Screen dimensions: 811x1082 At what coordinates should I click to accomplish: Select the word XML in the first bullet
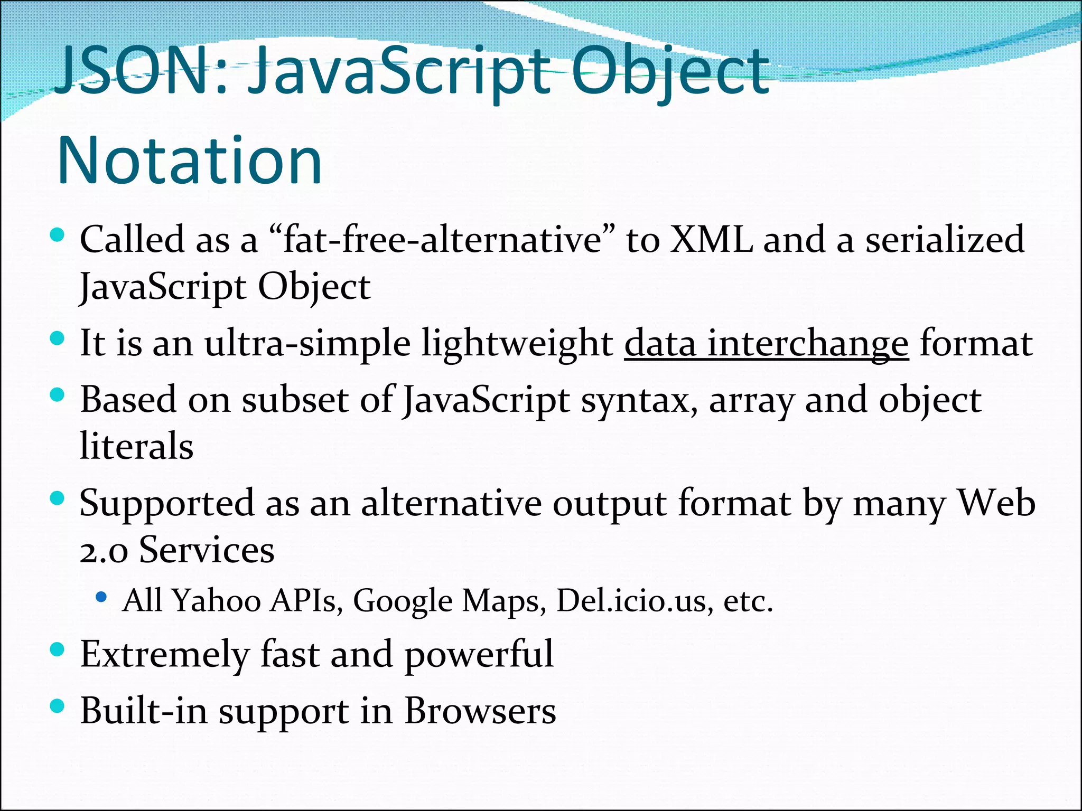[711, 240]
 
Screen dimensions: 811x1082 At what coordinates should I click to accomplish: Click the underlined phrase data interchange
[766, 344]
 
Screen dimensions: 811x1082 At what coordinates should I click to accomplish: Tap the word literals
[136, 446]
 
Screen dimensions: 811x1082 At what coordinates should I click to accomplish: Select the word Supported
[167, 504]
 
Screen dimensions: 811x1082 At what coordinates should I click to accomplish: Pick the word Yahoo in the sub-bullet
[217, 601]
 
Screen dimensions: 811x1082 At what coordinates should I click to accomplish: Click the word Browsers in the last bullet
[480, 711]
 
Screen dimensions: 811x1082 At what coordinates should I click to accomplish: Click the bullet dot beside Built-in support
[57, 706]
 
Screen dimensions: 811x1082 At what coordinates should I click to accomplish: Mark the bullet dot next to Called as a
[57, 235]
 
